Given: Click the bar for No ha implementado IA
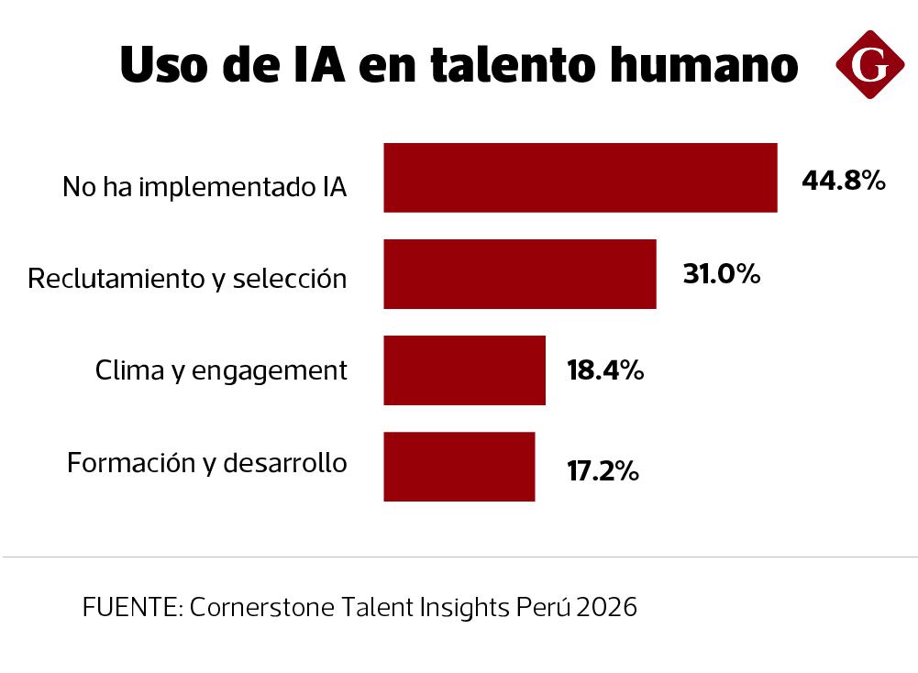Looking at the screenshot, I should [x=580, y=178].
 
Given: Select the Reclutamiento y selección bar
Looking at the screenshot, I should [x=519, y=274].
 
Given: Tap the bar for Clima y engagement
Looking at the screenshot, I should [x=464, y=370].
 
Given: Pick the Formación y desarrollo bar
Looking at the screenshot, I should [x=459, y=467].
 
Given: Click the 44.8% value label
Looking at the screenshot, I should [x=843, y=181].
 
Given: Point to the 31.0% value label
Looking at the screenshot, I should [x=722, y=274].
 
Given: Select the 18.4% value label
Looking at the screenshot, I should [x=605, y=371].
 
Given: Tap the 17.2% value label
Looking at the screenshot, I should [x=602, y=471].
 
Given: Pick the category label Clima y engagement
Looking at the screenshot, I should [x=221, y=371].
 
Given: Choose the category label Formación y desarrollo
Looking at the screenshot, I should [x=207, y=464].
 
